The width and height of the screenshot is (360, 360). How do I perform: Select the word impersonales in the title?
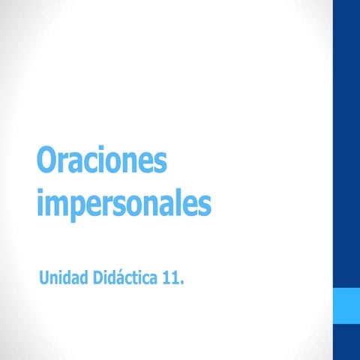pyautogui.click(x=124, y=203)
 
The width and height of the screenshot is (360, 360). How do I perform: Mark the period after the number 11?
pyautogui.click(x=182, y=283)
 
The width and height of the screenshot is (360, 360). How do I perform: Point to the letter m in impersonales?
pyautogui.click(x=57, y=204)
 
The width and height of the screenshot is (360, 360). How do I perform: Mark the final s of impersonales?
pyautogui.click(x=204, y=205)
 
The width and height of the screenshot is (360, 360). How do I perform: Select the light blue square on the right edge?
pyautogui.click(x=346, y=305)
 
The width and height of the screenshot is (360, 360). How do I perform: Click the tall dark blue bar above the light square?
pyautogui.click(x=346, y=142)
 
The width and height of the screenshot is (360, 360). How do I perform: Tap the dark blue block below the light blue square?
pyautogui.click(x=346, y=342)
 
